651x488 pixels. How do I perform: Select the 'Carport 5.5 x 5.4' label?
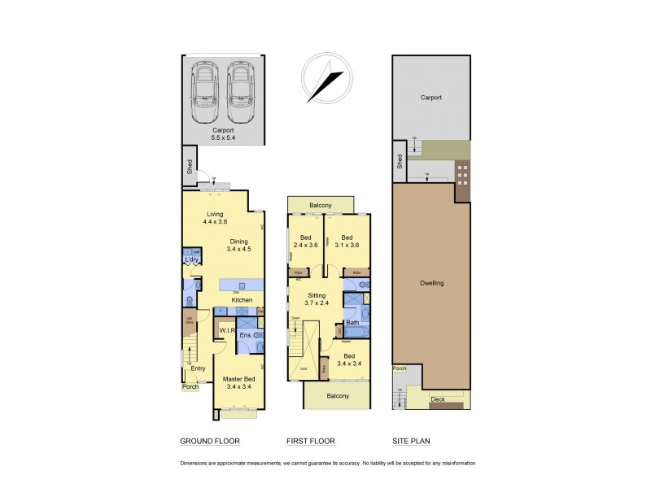(x=224, y=134)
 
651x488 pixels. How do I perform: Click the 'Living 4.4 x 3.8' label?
(x=215, y=218)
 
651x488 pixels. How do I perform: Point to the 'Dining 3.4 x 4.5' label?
(x=238, y=246)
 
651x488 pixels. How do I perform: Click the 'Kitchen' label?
(x=241, y=300)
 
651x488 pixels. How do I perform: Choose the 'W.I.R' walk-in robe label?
(x=225, y=331)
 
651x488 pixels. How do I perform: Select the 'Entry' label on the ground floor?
(x=198, y=368)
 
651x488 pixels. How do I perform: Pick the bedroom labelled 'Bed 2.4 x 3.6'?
(x=305, y=243)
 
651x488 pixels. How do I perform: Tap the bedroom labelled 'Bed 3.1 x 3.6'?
(x=347, y=243)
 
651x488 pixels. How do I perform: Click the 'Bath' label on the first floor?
(x=352, y=323)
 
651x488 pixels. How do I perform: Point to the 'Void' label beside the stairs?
(x=303, y=368)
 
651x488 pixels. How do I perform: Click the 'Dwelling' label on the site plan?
(x=431, y=284)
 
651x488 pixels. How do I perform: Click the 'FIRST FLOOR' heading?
(x=311, y=442)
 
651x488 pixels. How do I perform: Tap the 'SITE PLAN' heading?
(x=411, y=442)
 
